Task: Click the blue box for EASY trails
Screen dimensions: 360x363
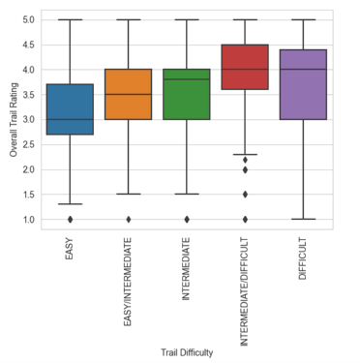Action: tap(70, 109)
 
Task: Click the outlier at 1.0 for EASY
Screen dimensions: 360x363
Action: tap(70, 220)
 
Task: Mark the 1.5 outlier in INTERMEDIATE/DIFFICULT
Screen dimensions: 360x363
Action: tap(245, 195)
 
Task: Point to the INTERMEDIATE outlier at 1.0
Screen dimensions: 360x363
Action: tap(187, 220)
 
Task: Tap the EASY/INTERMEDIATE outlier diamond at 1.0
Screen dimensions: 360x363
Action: tap(129, 220)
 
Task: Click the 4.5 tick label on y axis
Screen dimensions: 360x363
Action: tap(28, 45)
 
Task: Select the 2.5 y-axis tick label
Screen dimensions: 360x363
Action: tap(28, 144)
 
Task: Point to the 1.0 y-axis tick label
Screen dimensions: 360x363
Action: tap(28, 220)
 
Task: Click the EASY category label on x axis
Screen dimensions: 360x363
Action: tap(70, 249)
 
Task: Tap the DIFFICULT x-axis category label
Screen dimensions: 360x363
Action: tap(303, 258)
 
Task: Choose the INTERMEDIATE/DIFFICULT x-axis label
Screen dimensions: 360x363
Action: tap(245, 292)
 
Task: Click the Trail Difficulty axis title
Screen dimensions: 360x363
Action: tap(187, 352)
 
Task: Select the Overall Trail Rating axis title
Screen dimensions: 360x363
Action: tap(14, 120)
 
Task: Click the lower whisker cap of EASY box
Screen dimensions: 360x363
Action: tap(70, 204)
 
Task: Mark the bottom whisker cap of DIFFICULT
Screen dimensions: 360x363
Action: tap(304, 219)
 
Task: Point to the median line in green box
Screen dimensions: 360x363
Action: tap(187, 79)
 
